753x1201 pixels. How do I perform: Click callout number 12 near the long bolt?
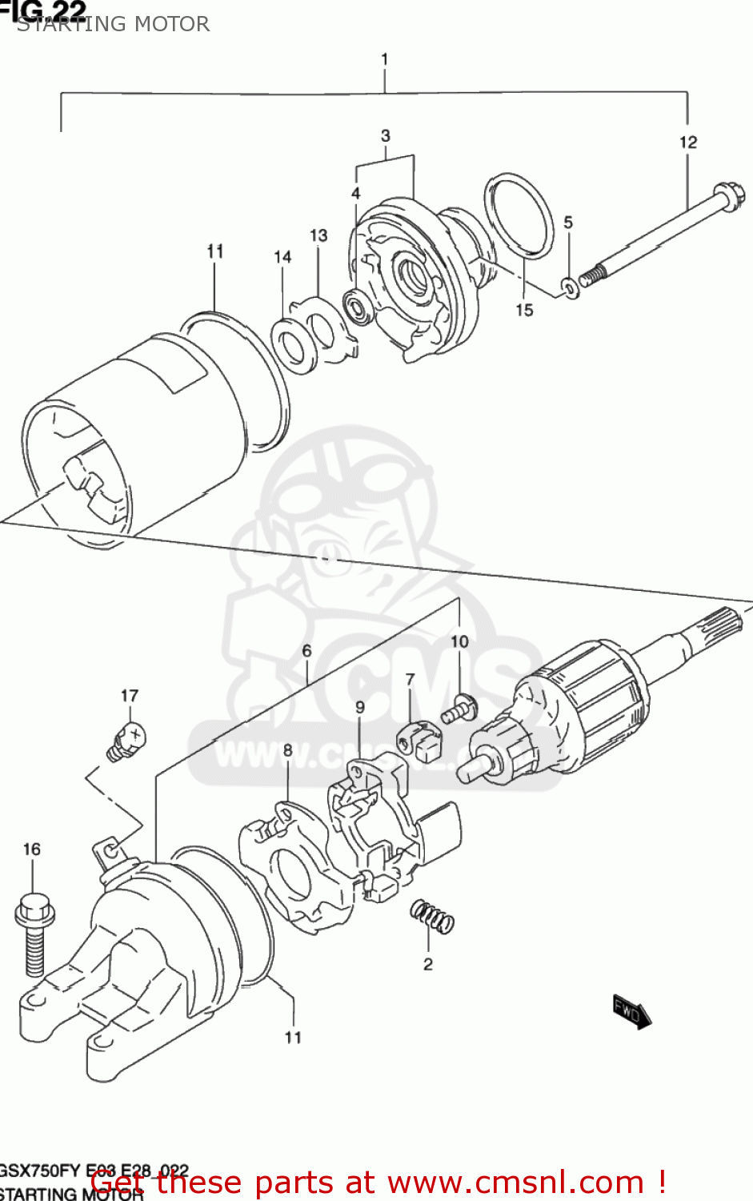[x=688, y=143]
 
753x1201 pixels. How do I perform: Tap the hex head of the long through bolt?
[x=729, y=196]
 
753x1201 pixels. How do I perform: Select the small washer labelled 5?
[x=569, y=286]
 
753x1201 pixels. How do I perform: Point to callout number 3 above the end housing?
[x=386, y=135]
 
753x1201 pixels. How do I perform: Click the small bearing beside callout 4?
[x=356, y=303]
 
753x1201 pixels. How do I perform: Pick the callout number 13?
[x=318, y=235]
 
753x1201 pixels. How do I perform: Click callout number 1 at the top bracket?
[x=385, y=59]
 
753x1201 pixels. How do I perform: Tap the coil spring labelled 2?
[x=431, y=915]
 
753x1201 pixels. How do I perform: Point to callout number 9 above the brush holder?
[x=360, y=707]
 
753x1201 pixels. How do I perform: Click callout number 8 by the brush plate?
[x=288, y=750]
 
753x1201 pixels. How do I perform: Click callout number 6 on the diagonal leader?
[x=306, y=651]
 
